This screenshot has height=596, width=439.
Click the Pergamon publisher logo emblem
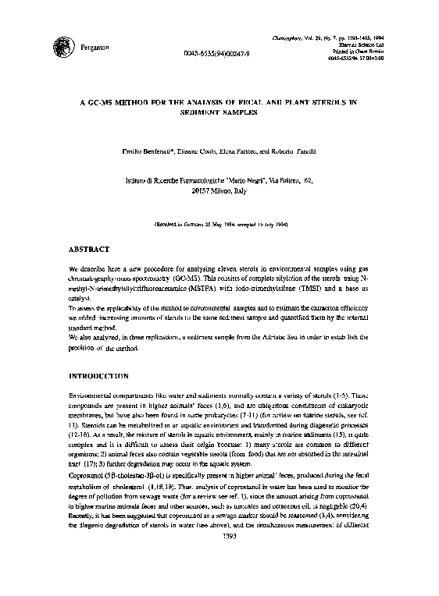point(59,44)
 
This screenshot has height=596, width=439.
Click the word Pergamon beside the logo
point(95,48)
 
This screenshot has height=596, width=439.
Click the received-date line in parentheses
point(219,222)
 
